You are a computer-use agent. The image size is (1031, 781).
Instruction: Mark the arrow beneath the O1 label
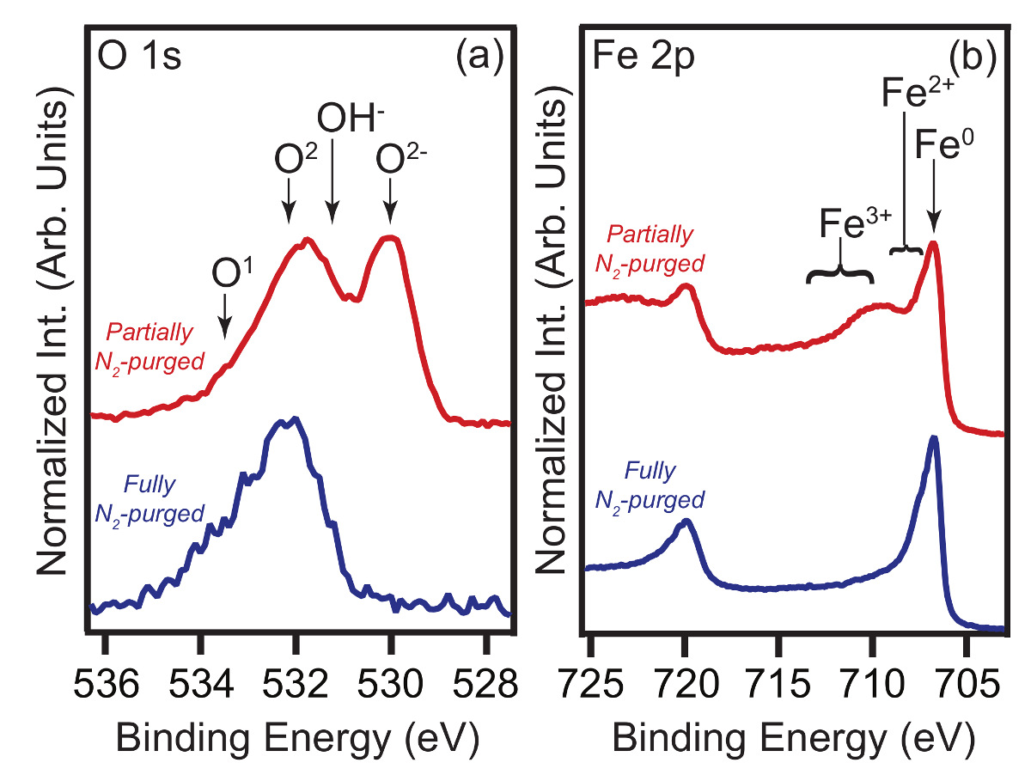(224, 316)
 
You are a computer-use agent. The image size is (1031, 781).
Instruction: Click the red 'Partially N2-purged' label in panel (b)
(650, 249)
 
